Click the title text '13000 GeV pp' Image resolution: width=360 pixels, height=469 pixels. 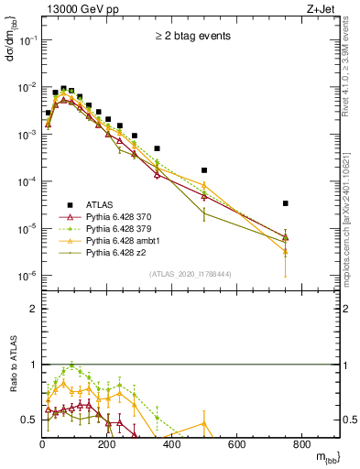click(x=80, y=8)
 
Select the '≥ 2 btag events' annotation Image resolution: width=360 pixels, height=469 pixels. click(x=191, y=38)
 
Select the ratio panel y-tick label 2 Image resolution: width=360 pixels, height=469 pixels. click(x=34, y=309)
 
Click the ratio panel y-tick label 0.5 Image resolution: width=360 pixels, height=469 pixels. click(x=29, y=420)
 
